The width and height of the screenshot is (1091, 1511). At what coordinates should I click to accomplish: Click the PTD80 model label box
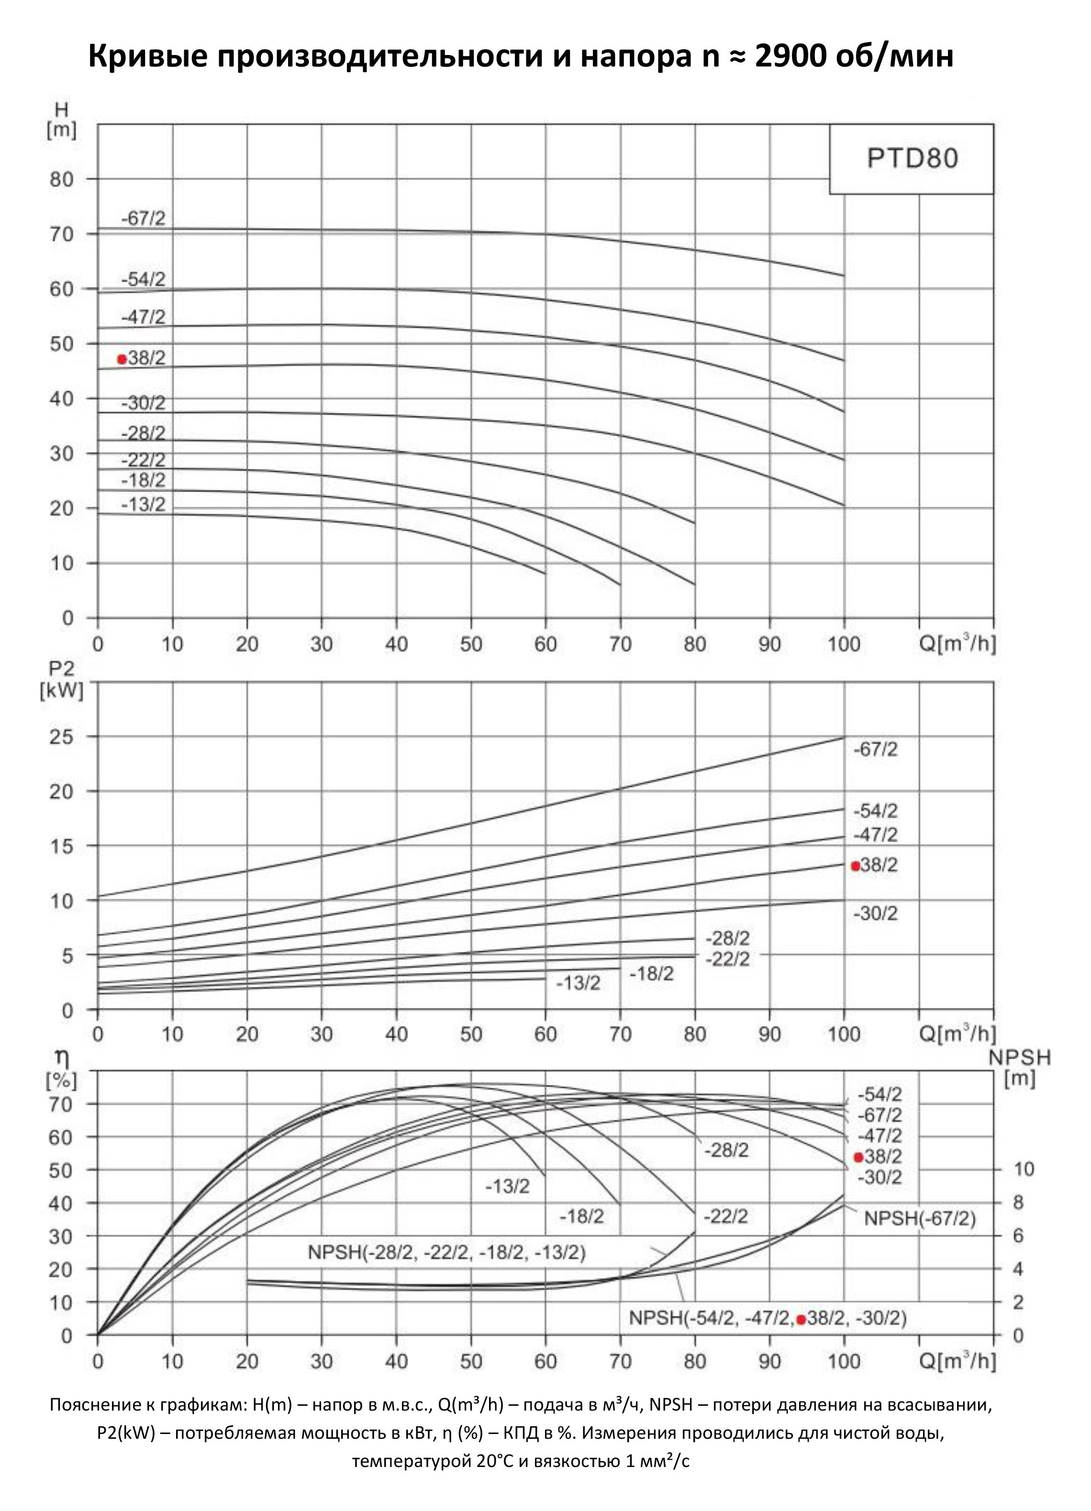(911, 159)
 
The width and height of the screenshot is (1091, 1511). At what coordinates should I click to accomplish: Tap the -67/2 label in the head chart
(143, 219)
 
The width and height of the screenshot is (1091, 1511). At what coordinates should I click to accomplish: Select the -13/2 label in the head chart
(143, 505)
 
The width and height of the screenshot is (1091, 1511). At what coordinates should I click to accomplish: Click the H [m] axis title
(61, 120)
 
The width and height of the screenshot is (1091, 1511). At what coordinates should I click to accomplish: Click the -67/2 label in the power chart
(876, 750)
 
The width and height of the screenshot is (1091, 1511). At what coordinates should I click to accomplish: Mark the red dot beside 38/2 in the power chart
(856, 866)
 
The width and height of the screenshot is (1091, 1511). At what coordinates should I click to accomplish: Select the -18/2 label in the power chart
(652, 974)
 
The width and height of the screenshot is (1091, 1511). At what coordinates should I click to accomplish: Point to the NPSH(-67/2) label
(920, 1219)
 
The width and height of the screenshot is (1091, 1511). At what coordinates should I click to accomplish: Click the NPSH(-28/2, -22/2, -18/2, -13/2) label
(446, 1253)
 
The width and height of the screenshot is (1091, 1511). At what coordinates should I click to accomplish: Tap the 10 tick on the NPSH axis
(1023, 1169)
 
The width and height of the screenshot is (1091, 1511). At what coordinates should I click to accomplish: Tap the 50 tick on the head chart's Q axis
(471, 644)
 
